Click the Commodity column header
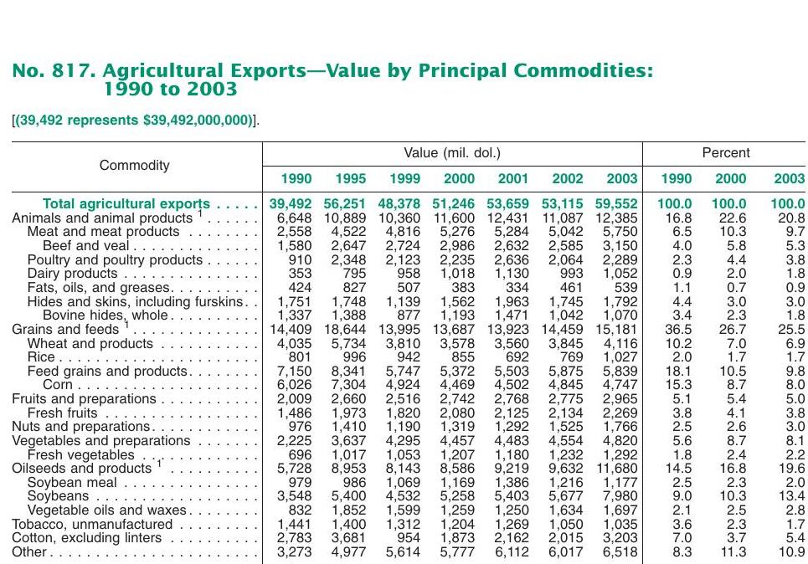(x=135, y=166)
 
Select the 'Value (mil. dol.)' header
(x=452, y=153)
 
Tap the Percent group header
(x=726, y=152)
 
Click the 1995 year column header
(x=350, y=179)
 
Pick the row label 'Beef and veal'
(x=85, y=246)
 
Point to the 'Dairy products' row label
(x=73, y=274)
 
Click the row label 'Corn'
(x=58, y=385)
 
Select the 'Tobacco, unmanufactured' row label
(x=92, y=525)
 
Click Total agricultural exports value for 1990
(x=290, y=204)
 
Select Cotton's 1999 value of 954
(x=408, y=538)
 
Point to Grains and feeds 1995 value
(x=345, y=329)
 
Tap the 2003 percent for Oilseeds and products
(x=793, y=469)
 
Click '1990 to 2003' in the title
(x=171, y=89)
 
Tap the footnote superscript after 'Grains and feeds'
(x=126, y=325)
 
